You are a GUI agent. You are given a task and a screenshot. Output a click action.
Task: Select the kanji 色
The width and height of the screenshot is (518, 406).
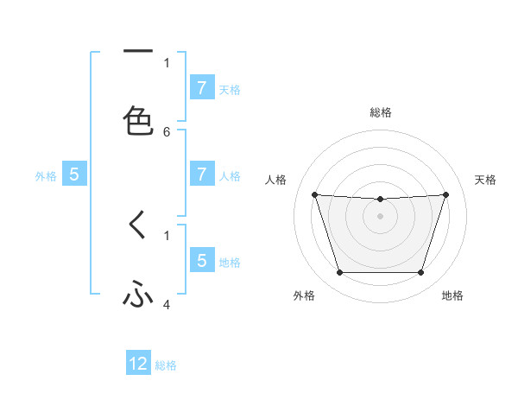pyautogui.click(x=138, y=120)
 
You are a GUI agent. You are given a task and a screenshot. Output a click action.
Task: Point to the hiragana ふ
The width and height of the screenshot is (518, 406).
pyautogui.click(x=138, y=296)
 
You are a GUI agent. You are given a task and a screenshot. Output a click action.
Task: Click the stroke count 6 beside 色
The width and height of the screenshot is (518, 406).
pyautogui.click(x=167, y=132)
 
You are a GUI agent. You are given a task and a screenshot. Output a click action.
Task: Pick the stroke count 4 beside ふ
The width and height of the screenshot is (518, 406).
pyautogui.click(x=167, y=304)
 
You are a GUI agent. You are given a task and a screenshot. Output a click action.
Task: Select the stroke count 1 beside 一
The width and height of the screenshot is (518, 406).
pyautogui.click(x=167, y=62)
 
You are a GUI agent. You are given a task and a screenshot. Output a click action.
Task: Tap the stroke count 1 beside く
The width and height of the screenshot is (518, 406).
pyautogui.click(x=167, y=234)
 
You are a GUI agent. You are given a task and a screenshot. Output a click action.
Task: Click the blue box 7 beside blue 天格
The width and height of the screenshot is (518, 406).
pyautogui.click(x=201, y=87)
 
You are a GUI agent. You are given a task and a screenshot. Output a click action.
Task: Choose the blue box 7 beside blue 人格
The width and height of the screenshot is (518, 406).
pyautogui.click(x=201, y=174)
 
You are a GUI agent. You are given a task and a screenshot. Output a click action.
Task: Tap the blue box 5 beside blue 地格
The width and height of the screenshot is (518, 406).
pyautogui.click(x=201, y=260)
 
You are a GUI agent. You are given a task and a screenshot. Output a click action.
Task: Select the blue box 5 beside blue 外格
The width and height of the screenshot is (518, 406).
pyautogui.click(x=74, y=174)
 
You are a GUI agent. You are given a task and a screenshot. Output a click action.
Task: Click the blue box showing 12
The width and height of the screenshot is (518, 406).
pyautogui.click(x=138, y=364)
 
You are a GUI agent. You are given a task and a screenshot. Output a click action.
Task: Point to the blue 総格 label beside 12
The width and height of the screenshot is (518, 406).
pyautogui.click(x=166, y=365)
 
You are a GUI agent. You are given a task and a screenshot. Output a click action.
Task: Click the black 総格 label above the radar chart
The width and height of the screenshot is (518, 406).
pyautogui.click(x=381, y=113)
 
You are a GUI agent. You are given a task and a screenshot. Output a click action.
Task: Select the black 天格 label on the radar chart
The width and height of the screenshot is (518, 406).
pyautogui.click(x=486, y=180)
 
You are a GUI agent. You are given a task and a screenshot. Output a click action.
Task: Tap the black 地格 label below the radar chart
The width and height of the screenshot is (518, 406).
pyautogui.click(x=452, y=296)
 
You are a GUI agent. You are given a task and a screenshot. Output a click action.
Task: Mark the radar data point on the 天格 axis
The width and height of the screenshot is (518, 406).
pyautogui.click(x=446, y=194)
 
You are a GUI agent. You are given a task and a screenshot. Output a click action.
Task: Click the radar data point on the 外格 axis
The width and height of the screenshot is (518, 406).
pyautogui.click(x=339, y=273)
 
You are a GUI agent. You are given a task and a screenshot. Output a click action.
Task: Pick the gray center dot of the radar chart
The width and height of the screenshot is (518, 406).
pyautogui.click(x=381, y=216)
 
